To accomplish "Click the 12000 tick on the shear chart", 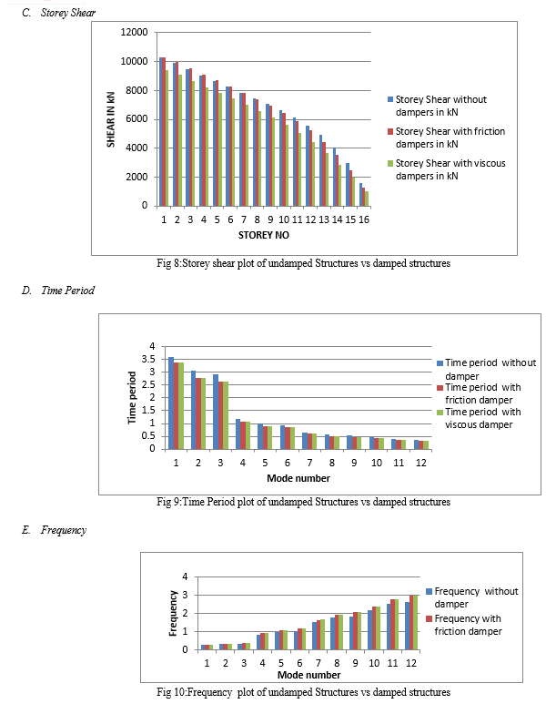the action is (134, 32).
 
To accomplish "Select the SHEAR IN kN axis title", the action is (111, 119).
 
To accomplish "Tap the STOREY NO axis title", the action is (263, 235).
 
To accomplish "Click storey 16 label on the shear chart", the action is (364, 219).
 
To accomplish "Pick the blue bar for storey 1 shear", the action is (161, 131).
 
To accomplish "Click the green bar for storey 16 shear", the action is (367, 199).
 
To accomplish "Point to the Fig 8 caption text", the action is (303, 263).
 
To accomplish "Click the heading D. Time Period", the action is (58, 291).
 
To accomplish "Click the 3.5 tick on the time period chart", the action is (147, 359).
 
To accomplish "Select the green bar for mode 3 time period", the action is (226, 415).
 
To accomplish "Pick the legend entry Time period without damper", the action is (486, 369).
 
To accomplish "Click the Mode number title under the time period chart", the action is (298, 478).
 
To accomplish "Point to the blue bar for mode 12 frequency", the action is (407, 626).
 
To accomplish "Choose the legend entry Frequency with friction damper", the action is (464, 625).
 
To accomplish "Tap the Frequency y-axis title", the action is (172, 613).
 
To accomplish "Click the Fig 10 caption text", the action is (303, 692).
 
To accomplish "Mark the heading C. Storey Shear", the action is (59, 13).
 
